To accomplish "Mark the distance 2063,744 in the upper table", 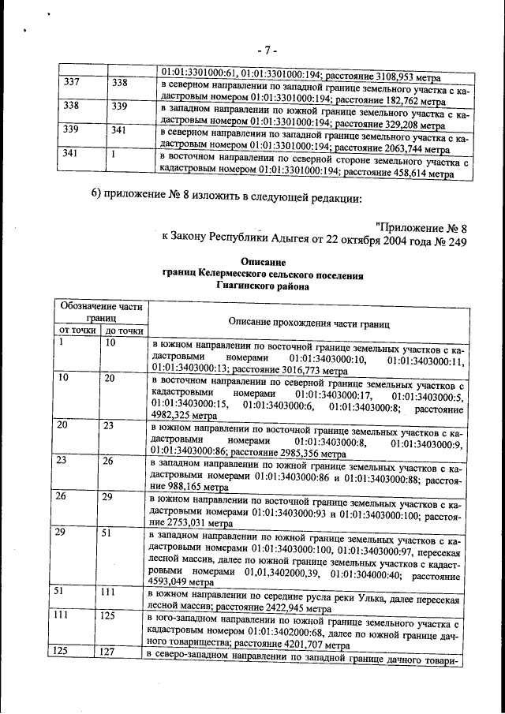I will tap(402, 148).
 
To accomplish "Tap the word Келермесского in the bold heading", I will tap(232, 275).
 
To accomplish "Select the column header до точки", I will tap(124, 330).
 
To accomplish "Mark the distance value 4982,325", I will tap(172, 421).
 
